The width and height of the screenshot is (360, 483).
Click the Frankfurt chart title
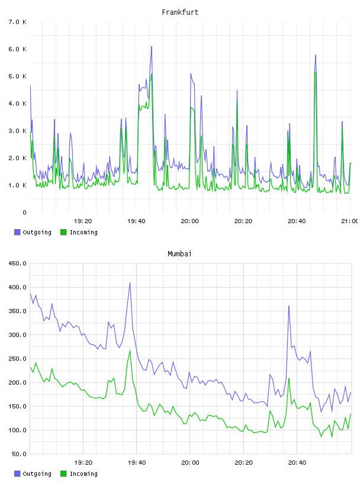180,12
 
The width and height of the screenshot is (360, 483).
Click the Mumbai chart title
179,253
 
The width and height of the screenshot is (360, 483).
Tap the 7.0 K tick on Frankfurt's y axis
18,22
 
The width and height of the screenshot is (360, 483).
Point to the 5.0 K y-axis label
18,76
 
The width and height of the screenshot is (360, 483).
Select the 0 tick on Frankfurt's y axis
24,212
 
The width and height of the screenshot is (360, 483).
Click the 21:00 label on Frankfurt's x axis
350,221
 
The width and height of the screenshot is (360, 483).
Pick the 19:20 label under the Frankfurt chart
83,221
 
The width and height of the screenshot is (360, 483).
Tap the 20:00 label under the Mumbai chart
190,462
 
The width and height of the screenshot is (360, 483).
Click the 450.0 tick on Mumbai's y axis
18,263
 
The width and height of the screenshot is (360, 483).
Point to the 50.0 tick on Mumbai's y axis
20,454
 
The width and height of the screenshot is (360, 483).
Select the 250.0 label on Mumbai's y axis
18,359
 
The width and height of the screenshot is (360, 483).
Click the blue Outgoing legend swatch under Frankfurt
17,232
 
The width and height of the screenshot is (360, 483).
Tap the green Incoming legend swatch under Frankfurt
63,232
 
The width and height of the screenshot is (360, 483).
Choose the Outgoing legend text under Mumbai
37,474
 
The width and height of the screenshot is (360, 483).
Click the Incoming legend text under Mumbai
83,474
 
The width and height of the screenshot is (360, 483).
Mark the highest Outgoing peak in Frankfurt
152,47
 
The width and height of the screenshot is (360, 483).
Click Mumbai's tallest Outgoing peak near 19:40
130,282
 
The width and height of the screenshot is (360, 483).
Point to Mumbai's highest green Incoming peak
130,350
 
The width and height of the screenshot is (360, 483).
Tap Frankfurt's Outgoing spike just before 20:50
316,56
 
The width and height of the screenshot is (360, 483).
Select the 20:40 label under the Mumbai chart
297,462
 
